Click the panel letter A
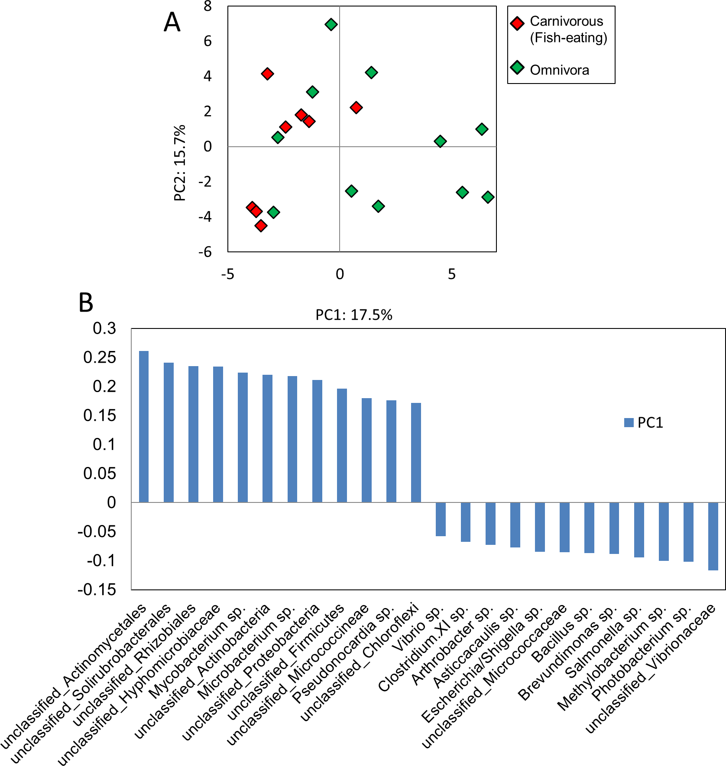pyautogui.click(x=172, y=23)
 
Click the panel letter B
pyautogui.click(x=86, y=303)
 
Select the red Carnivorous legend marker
pyautogui.click(x=517, y=23)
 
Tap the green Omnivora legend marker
pyautogui.click(x=517, y=68)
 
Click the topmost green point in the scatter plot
pyautogui.click(x=331, y=25)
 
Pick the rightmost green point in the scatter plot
pyautogui.click(x=488, y=197)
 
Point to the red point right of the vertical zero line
pyautogui.click(x=356, y=108)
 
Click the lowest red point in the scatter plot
pyautogui.click(x=261, y=225)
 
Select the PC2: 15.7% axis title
pyautogui.click(x=180, y=163)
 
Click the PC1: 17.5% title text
pyautogui.click(x=353, y=315)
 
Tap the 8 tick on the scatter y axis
pyautogui.click(x=208, y=6)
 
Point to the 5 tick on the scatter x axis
pyautogui.click(x=452, y=274)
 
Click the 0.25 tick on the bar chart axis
pyautogui.click(x=100, y=357)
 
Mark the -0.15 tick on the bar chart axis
pyautogui.click(x=97, y=589)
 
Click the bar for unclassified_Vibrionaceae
pyautogui.click(x=713, y=536)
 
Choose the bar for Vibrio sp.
pyautogui.click(x=441, y=519)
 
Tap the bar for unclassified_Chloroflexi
pyautogui.click(x=416, y=452)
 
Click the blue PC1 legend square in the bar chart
pyautogui.click(x=629, y=423)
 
